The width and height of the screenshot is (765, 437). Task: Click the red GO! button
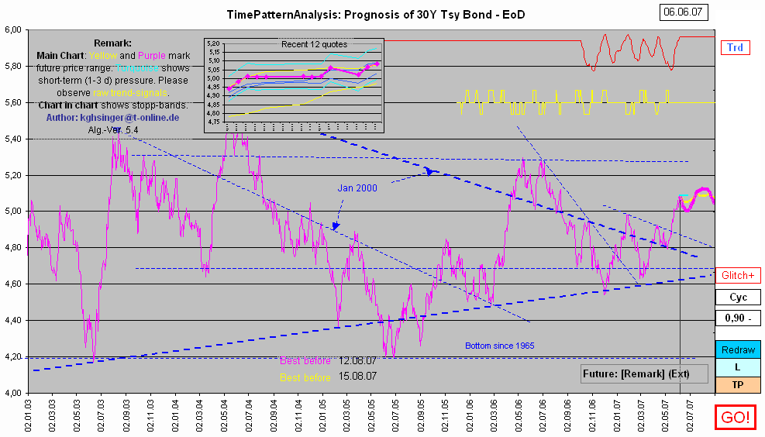pyautogui.click(x=736, y=418)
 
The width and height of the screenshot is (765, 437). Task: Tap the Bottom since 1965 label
pyautogui.click(x=500, y=346)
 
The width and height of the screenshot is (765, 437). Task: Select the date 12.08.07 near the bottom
pyautogui.click(x=357, y=361)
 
